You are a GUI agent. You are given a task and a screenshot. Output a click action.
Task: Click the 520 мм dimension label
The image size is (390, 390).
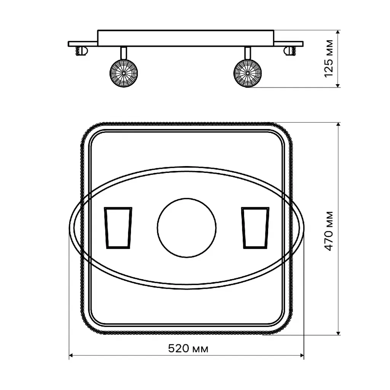click(188, 348)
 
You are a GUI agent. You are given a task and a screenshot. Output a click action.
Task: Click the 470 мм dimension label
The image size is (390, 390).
click(329, 231)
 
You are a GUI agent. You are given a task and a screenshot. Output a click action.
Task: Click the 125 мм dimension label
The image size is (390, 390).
click(329, 59)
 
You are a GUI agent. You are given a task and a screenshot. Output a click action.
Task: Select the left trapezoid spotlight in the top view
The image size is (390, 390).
click(118, 228)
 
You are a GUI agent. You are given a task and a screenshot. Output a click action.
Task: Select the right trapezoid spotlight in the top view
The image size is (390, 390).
click(255, 228)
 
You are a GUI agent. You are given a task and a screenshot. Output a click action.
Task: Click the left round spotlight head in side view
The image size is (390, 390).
click(124, 73)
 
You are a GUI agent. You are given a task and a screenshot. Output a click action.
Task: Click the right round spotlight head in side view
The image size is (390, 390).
click(248, 73)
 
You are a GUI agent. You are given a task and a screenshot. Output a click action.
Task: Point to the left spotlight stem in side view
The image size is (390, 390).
click(124, 53)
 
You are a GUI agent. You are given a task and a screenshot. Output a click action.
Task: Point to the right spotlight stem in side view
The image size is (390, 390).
click(248, 53)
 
